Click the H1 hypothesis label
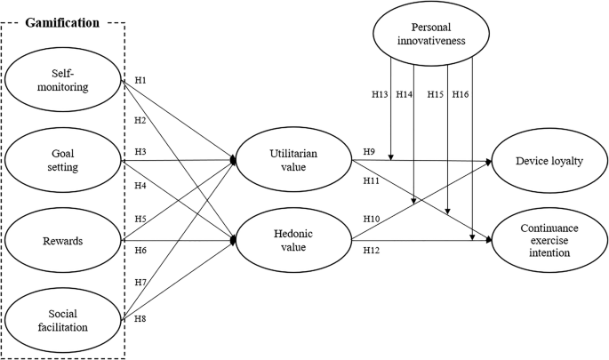(x=140, y=81)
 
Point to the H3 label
(x=140, y=152)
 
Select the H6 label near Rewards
(x=140, y=250)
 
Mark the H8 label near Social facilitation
(x=140, y=317)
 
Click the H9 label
(x=369, y=152)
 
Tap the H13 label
(x=380, y=94)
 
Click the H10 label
(x=372, y=219)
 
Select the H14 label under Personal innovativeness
(x=405, y=94)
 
